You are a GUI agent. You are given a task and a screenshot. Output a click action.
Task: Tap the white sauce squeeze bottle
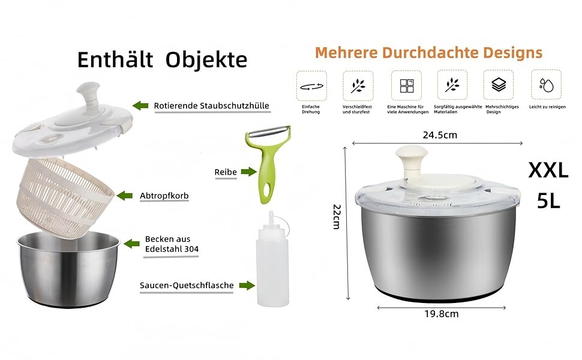pos(272,260)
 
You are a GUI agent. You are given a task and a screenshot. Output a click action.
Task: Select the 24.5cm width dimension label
pos(440,135)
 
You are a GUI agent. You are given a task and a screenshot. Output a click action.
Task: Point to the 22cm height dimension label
pos(337,217)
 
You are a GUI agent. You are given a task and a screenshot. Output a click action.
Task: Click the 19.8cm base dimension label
pos(442,314)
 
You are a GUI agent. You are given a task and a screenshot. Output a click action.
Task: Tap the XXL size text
pos(548,171)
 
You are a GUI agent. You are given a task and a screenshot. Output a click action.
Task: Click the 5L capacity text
pos(548,201)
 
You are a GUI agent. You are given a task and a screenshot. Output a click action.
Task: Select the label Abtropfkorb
pos(164,196)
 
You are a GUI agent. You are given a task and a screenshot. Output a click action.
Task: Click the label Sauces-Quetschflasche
pos(187,286)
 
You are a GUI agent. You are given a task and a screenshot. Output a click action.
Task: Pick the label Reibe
pos(226,172)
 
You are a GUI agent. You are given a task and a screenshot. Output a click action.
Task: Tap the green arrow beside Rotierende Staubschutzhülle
pos(140,106)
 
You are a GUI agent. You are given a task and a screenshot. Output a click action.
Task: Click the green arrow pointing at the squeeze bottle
pos(247,286)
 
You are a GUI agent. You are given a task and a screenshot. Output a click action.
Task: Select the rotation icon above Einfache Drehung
pos(311,86)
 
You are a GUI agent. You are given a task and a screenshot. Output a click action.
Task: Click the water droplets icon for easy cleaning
pos(547,85)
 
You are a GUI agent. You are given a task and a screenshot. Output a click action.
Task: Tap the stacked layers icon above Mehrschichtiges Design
pos(499,85)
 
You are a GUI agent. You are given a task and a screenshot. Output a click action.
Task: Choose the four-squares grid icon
pos(407,86)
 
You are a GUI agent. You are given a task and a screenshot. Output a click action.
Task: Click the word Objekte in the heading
pos(206,60)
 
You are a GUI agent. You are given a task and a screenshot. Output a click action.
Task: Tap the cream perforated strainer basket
pos(65,196)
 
